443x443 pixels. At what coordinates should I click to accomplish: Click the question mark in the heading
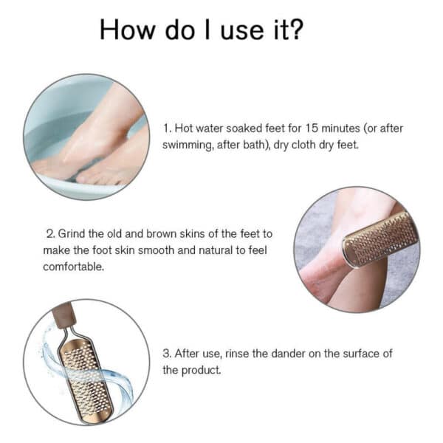click(295, 30)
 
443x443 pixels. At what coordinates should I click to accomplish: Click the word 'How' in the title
click(123, 30)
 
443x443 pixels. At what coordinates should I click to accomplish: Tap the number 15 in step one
click(312, 128)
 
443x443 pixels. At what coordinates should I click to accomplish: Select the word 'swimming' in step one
click(186, 145)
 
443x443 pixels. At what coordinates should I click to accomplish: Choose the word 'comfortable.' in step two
click(73, 267)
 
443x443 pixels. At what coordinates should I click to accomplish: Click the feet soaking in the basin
click(96, 148)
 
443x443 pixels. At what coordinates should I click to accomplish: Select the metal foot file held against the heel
click(380, 238)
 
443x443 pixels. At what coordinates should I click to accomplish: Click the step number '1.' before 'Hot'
click(167, 128)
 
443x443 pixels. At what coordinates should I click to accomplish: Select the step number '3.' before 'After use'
click(167, 354)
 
